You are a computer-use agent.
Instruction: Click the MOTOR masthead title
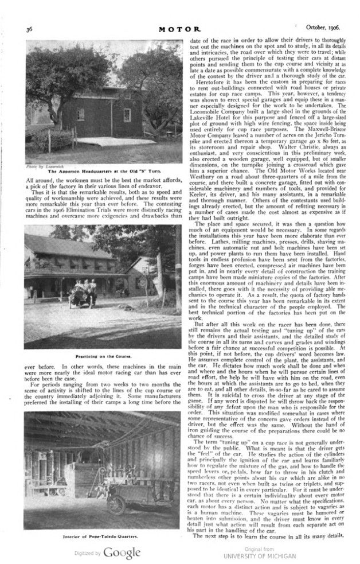pyautogui.click(x=181, y=28)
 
